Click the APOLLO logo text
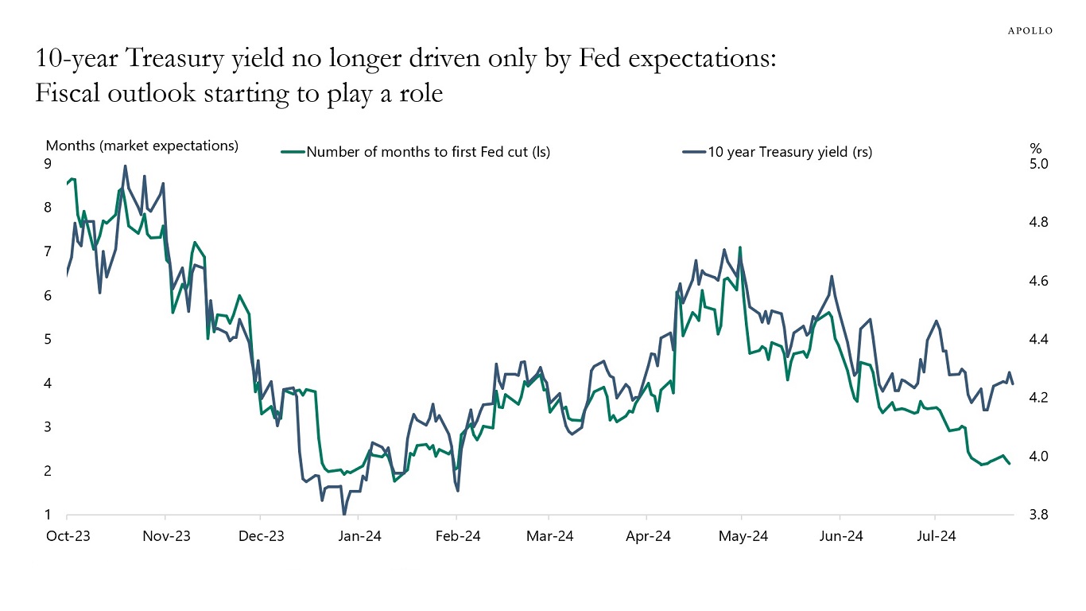pos(1030,31)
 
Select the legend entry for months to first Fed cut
pos(428,152)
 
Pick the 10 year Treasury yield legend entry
pos(789,152)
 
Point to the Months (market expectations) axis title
pos(142,146)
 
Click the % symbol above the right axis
pos(1035,149)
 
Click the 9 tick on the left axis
pos(48,164)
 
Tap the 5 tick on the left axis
pos(48,340)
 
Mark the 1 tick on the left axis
pos(48,515)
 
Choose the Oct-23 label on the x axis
pos(68,536)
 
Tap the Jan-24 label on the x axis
pos(359,536)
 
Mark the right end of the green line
pos(1010,463)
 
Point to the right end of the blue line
pos(1012,384)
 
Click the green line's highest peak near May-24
pos(740,247)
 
